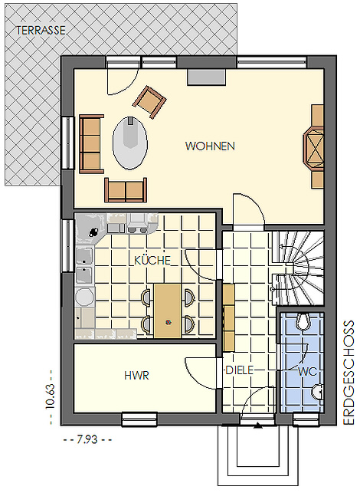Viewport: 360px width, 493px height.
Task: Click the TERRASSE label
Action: click(41, 30)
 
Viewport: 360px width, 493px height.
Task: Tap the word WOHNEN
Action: click(210, 146)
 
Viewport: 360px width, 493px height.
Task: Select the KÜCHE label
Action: click(152, 261)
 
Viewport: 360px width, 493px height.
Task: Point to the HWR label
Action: click(136, 376)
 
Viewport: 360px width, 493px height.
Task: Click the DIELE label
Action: click(240, 370)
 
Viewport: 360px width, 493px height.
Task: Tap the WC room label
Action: click(307, 372)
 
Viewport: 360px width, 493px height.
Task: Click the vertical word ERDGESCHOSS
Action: click(349, 373)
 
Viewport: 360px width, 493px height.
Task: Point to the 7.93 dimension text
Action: click(87, 439)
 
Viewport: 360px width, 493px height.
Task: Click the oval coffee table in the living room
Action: click(129, 143)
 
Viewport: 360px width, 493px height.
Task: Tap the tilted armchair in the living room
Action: click(149, 102)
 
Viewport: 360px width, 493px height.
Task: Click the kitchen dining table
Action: click(168, 311)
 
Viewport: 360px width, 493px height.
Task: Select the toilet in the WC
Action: click(303, 321)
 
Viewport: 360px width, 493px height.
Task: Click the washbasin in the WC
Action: click(318, 392)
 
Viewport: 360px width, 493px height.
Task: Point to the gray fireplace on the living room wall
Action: click(207, 77)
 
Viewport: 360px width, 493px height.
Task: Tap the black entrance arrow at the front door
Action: click(258, 426)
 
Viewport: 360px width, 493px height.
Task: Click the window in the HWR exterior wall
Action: click(139, 419)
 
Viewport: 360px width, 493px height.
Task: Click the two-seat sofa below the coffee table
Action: click(126, 190)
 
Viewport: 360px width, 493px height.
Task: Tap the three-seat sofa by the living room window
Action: click(91, 144)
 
